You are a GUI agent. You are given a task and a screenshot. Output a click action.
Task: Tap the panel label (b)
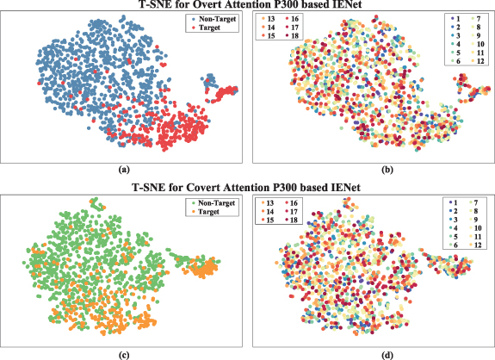click(x=371, y=171)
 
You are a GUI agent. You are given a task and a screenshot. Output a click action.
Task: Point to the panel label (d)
click(x=371, y=353)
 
